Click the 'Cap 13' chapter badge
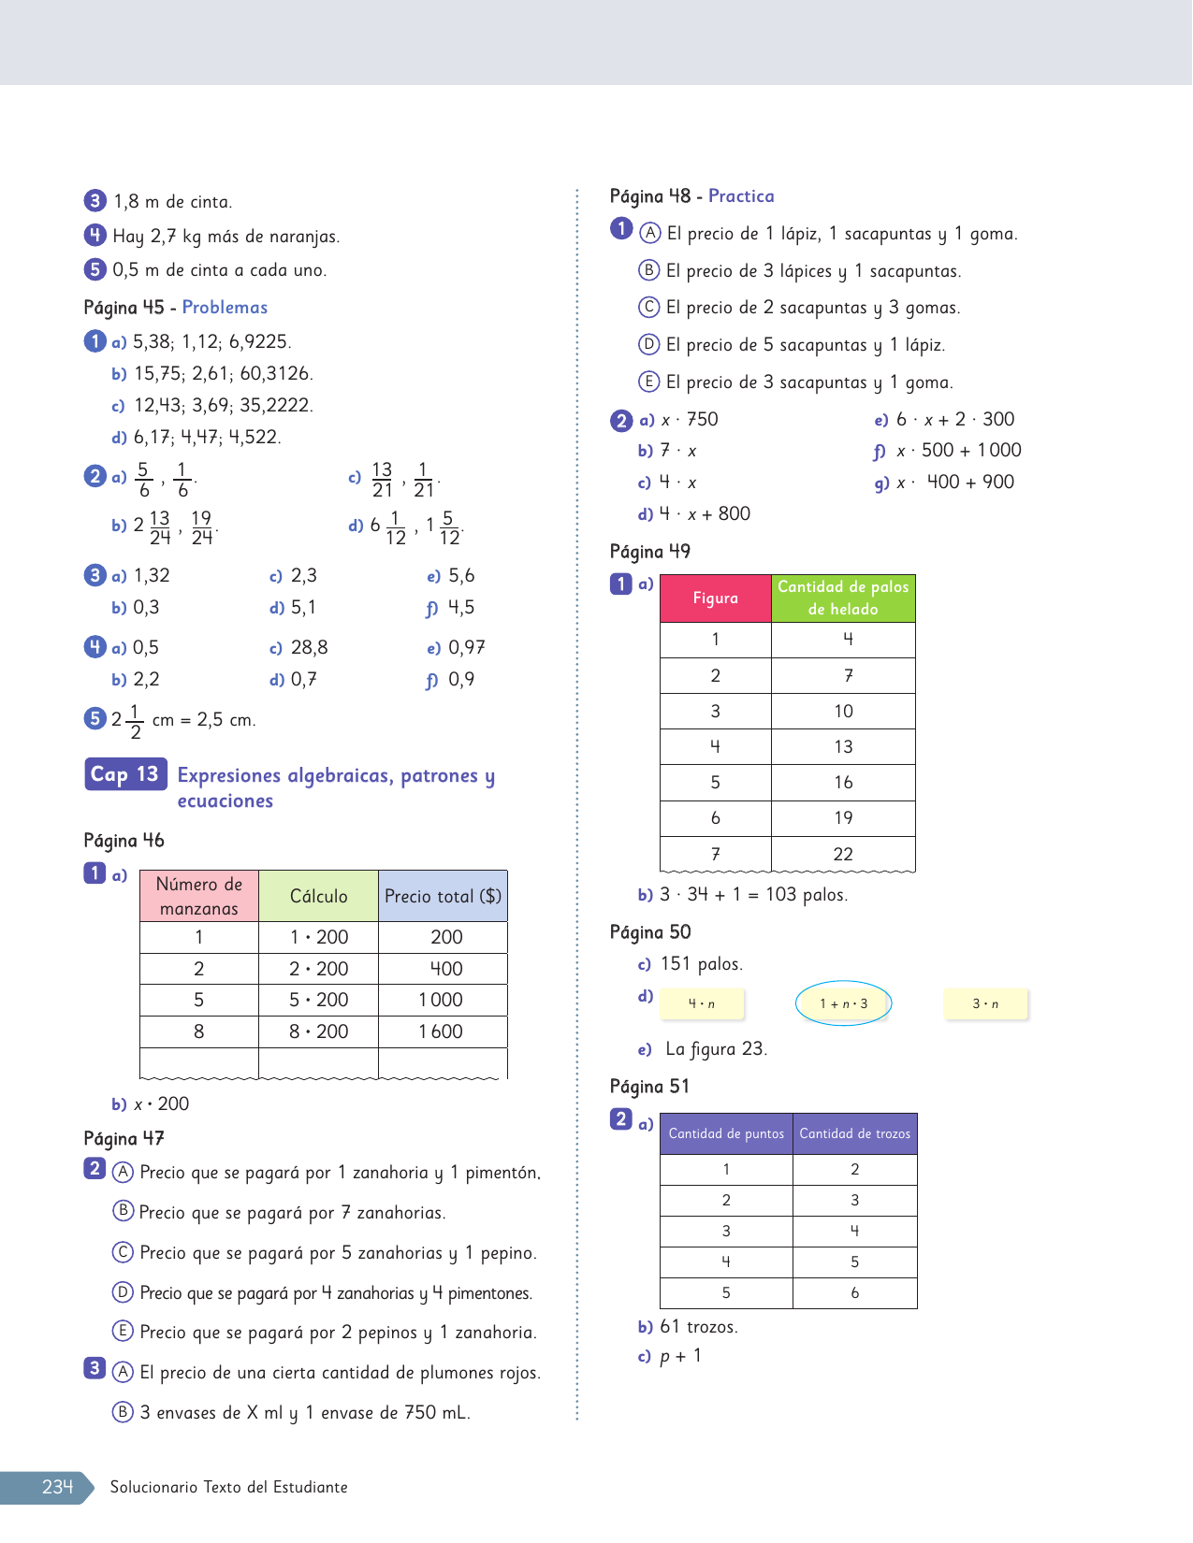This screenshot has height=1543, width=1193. [125, 774]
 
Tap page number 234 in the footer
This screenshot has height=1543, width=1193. [57, 1487]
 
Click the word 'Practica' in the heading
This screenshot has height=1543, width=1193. [741, 196]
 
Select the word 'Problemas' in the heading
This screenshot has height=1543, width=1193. [225, 308]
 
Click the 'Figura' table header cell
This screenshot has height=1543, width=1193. [716, 598]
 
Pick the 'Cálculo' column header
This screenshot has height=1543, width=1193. [318, 896]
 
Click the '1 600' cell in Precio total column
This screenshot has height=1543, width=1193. [442, 1031]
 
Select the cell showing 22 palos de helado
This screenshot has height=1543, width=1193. [843, 854]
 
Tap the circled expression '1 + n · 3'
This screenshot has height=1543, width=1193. [843, 1003]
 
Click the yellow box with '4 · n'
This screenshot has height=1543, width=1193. [702, 1003]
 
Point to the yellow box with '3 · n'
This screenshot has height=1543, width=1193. [985, 1003]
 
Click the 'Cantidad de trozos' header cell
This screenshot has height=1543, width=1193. [854, 1133]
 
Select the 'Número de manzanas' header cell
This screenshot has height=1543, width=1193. [199, 896]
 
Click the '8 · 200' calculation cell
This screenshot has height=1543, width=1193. [318, 1031]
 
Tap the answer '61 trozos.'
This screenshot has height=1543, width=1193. [698, 1327]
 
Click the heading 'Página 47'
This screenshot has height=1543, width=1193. [124, 1139]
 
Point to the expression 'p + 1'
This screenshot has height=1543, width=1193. [680, 1356]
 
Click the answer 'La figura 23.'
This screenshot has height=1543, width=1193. [716, 1049]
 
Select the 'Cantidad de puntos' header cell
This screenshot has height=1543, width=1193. [726, 1133]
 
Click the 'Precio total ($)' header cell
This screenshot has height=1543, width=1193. [443, 896]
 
